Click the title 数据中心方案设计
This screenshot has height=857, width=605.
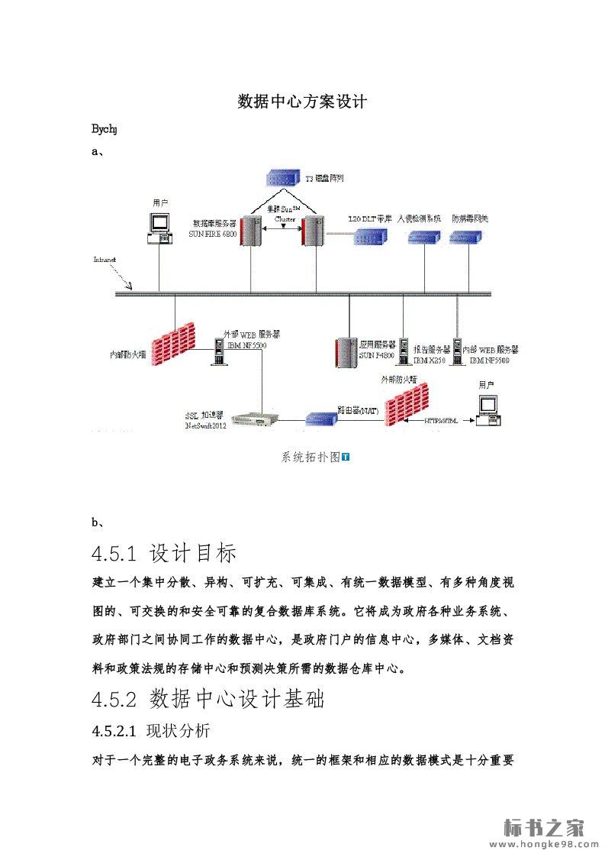(303, 102)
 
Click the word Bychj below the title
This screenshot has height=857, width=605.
(105, 129)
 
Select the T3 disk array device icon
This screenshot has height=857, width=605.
(282, 178)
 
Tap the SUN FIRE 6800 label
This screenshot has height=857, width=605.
(213, 235)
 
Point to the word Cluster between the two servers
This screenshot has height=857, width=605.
(285, 218)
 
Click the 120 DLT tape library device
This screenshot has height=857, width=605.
(373, 237)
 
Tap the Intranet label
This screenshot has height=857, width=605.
(105, 260)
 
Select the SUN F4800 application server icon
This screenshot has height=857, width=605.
(346, 352)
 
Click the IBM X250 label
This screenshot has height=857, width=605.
(427, 360)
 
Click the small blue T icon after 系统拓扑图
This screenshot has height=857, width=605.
(346, 457)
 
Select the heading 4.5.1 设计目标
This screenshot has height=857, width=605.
(163, 552)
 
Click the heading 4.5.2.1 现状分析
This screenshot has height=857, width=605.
(150, 730)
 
